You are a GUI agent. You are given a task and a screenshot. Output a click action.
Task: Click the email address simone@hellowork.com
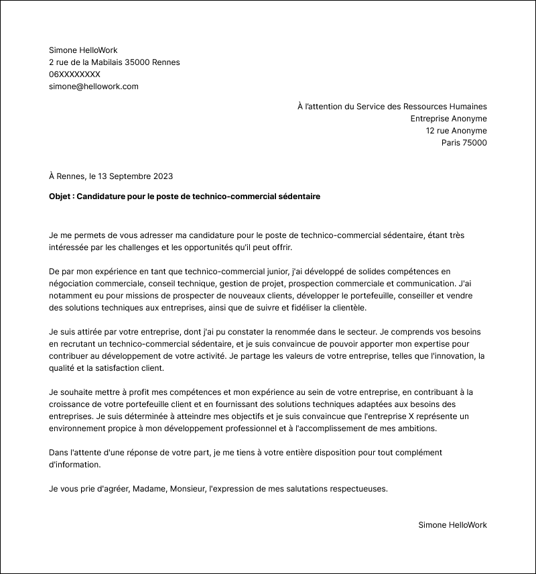[x=93, y=87]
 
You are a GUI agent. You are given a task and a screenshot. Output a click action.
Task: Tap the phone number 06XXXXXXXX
[x=74, y=74]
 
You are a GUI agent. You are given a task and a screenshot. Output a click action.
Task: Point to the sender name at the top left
[x=83, y=50]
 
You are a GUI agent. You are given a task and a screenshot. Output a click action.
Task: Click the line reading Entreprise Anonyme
[x=448, y=119]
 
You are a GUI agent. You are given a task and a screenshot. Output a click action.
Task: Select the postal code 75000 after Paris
[x=474, y=143]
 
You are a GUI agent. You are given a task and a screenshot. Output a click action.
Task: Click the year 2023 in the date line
[x=162, y=176]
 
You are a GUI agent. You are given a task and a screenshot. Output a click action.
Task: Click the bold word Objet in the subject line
[x=62, y=196]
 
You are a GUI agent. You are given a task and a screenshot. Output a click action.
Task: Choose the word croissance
[x=72, y=404]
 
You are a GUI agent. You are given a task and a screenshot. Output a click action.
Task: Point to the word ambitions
[x=424, y=428]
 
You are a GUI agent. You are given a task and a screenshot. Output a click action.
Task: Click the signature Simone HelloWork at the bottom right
[x=452, y=525]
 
